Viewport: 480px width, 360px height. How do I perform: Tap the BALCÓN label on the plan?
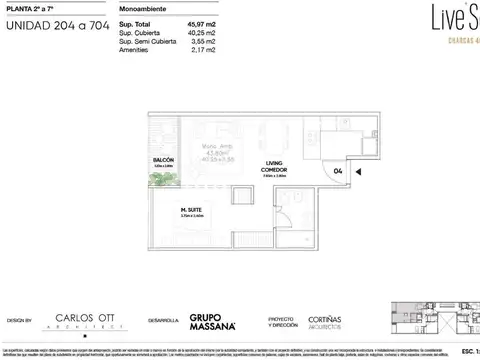click(164, 158)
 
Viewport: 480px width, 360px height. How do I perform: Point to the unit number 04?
click(338, 169)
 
